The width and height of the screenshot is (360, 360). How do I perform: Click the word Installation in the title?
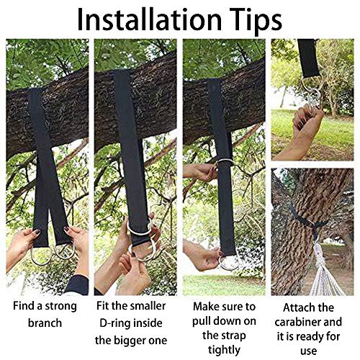coord(149,19)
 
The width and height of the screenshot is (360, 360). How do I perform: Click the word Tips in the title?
coord(256,20)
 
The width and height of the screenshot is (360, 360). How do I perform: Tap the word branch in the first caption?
coord(45,323)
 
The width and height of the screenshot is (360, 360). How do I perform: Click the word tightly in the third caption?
coord(224,350)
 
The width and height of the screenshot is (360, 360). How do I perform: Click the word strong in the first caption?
coord(61,307)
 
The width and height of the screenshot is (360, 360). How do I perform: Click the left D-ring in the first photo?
coord(40,257)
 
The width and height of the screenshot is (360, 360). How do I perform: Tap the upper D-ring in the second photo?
coord(139,229)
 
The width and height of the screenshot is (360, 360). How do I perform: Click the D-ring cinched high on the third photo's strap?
coord(225,162)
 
